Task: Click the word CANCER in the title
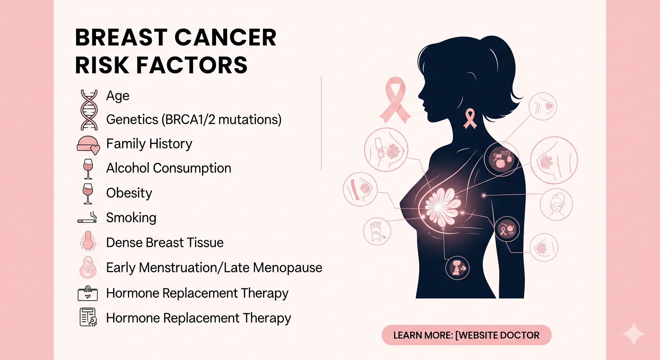click(x=225, y=37)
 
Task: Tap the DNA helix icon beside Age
click(x=89, y=110)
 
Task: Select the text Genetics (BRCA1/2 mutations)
click(x=194, y=120)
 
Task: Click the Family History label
click(x=149, y=144)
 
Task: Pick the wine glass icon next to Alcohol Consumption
click(x=88, y=169)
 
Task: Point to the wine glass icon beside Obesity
click(x=88, y=194)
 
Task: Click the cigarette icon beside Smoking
click(x=87, y=218)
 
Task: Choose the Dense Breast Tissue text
click(x=165, y=243)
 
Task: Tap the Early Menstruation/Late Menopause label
click(x=214, y=268)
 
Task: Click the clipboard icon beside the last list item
click(x=88, y=317)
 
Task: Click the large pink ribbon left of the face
click(x=395, y=100)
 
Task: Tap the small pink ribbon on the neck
click(x=470, y=118)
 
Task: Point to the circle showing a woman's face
click(x=556, y=205)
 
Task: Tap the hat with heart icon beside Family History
click(x=88, y=145)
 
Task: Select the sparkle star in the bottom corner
click(x=634, y=334)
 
